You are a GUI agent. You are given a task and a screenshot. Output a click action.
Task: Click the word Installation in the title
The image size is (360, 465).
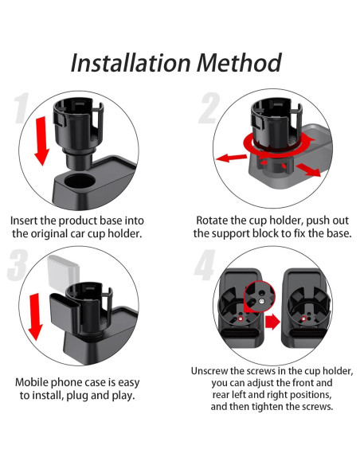coord(131,63)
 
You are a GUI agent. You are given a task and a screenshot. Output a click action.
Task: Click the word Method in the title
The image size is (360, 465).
coord(239,63)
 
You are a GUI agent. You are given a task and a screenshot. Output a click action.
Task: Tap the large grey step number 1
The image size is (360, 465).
coord(22,107)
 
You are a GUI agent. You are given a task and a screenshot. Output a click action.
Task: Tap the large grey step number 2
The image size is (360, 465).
coord(209,108)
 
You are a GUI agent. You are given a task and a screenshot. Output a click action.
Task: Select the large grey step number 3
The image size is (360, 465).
coord(18,265)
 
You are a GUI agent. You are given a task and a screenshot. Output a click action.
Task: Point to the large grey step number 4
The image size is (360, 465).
coord(205,265)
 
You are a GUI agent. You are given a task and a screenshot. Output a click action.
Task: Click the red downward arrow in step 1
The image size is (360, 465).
coord(41,141)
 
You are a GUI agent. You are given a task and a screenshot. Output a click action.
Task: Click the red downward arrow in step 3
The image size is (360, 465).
coord(35,316)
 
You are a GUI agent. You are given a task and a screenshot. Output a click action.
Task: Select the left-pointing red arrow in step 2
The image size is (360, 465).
coord(231,158)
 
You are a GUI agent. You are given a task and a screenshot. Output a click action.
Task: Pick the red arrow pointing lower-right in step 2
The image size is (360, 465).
coord(308,170)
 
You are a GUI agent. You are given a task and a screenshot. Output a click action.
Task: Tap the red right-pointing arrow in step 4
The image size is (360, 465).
coord(272,322)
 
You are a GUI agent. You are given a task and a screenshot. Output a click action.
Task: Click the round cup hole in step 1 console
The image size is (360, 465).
coord(80,181)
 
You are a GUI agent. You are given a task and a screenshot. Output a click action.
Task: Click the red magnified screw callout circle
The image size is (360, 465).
coord(260,298)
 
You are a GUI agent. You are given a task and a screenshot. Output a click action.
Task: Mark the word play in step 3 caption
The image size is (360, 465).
coord(123,396)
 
